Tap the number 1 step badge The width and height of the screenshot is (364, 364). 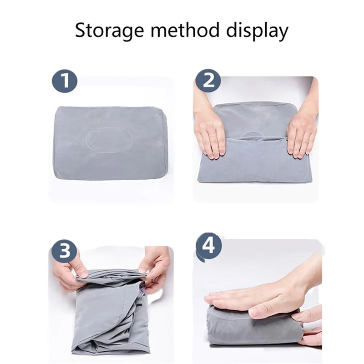pos(64,81)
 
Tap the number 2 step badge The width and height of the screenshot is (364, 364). pos(208,81)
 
